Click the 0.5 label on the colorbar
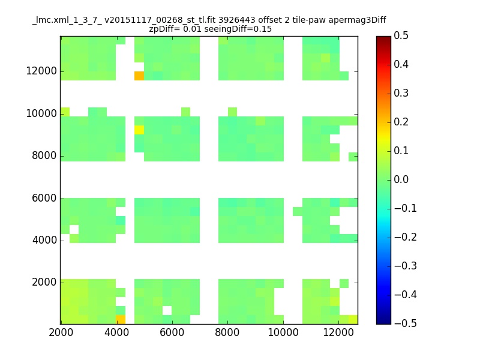pos(401,35)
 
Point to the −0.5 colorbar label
pos(406,323)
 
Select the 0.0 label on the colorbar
pos(401,179)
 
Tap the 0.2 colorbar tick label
pos(401,122)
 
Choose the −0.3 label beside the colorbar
pos(406,266)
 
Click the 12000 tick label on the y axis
pos(41,71)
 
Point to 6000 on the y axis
pos(44,198)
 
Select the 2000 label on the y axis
pos(44,282)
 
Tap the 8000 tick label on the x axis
pos(227,332)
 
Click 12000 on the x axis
pos(338,332)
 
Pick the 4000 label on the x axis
pos(116,332)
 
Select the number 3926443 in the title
pos(236,20)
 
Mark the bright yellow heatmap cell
pos(139,130)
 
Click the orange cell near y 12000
pos(139,76)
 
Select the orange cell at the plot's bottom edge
pos(121,319)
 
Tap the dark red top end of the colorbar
pos(383,38)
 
